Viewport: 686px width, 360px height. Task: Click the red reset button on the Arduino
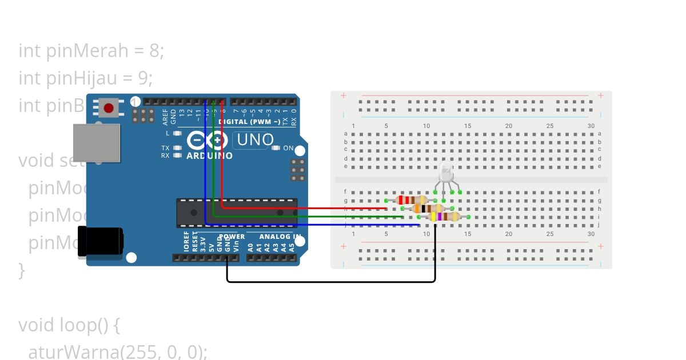tap(109, 107)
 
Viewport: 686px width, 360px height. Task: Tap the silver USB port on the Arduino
tap(97, 142)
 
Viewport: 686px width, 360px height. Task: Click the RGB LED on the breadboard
tap(446, 172)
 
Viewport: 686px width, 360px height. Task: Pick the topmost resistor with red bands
tap(412, 200)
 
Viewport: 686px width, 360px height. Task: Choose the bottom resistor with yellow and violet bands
tap(444, 217)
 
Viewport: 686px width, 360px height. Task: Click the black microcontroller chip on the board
tap(237, 212)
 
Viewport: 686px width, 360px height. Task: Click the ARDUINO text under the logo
tap(209, 155)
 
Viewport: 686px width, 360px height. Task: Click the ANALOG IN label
tap(280, 237)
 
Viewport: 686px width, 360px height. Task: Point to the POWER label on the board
tap(232, 237)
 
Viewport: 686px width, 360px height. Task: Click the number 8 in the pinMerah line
tap(154, 51)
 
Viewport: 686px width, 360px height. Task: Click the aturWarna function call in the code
tap(73, 352)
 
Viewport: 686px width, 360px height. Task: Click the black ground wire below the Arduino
tap(332, 281)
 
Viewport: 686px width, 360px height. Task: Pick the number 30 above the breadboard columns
tap(591, 126)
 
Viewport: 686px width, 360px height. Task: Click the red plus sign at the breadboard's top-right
tap(601, 95)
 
